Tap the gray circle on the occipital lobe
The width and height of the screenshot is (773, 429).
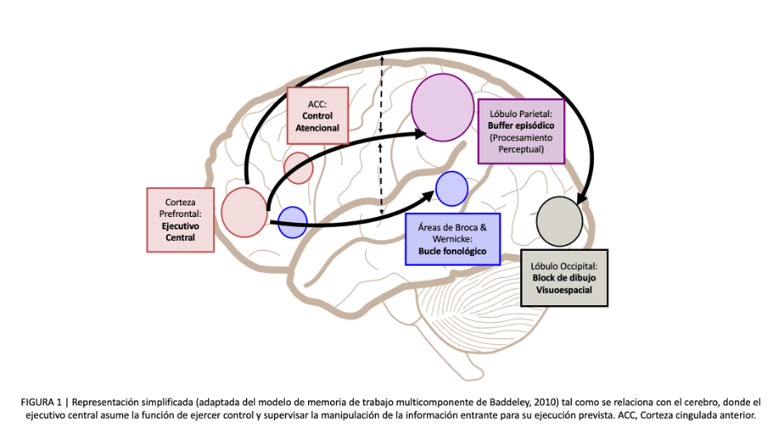click(560, 220)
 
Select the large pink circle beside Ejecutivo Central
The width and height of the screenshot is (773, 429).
click(244, 211)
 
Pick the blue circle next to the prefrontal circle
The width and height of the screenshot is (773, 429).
click(292, 222)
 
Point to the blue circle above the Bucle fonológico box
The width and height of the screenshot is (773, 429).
click(452, 188)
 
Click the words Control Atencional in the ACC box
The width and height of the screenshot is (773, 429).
click(318, 122)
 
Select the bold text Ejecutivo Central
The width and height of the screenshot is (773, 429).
click(179, 231)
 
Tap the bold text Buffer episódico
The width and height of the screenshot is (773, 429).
click(521, 125)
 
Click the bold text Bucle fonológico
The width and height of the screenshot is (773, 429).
click(453, 250)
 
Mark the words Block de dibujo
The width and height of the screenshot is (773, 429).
click(564, 278)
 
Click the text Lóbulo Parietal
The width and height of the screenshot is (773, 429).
click(521, 112)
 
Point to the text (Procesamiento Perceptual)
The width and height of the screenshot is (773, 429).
click(521, 144)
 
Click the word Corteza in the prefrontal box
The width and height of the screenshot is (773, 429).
click(179, 201)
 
